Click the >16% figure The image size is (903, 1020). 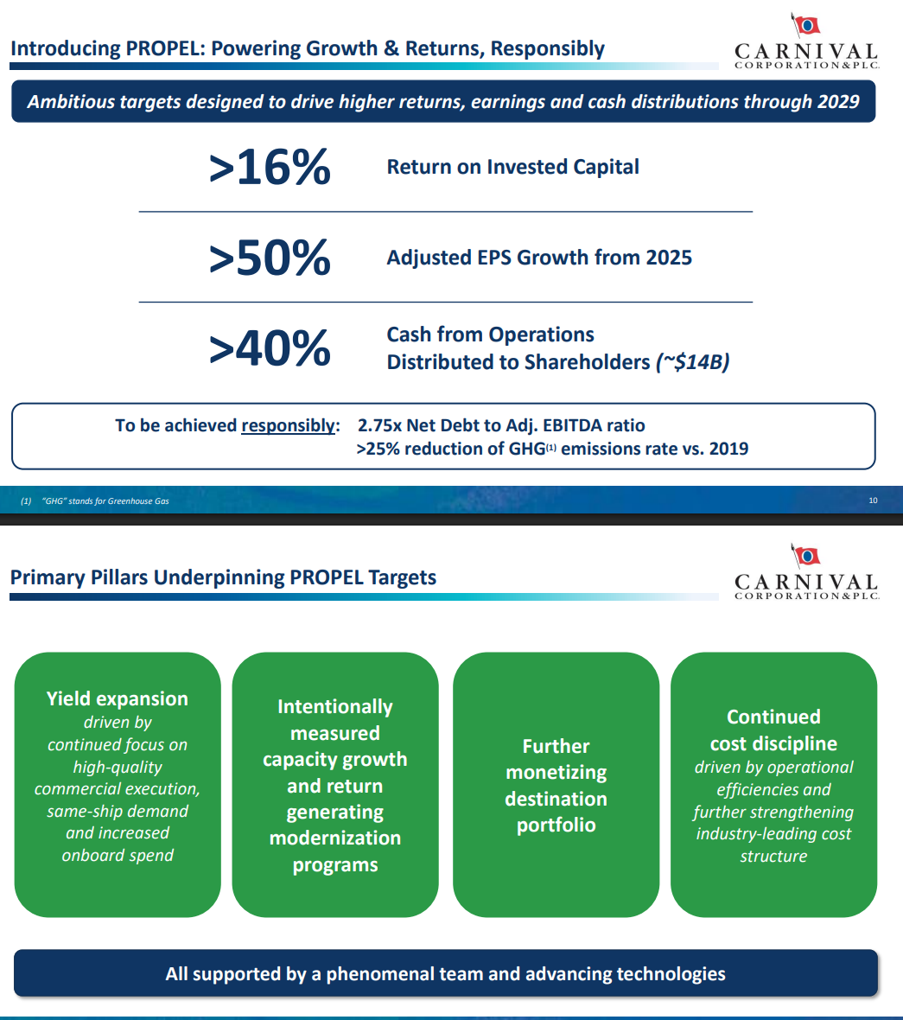[270, 167]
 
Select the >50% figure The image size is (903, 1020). [270, 258]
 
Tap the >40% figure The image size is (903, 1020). [270, 348]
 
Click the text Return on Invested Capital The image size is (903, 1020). [513, 167]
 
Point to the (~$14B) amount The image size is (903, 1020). [692, 361]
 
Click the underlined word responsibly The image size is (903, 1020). [289, 425]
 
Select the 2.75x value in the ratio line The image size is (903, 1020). [379, 425]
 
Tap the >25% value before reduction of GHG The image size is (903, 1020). [378, 449]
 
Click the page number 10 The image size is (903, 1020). [873, 500]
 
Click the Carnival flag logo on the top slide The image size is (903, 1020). [805, 25]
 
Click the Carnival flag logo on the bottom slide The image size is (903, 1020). [805, 556]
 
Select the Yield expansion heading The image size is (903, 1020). [117, 698]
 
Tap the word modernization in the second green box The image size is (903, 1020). [334, 838]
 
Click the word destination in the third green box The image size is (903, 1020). [556, 799]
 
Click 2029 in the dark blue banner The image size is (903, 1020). [839, 101]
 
